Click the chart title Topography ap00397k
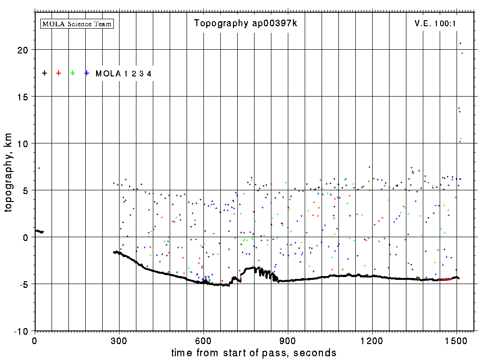245,23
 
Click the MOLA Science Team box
77,23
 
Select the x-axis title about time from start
254,352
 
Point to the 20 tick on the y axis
24,50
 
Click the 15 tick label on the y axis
24,97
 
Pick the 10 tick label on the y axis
24,143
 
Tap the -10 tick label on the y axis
22,331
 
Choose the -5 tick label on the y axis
24,284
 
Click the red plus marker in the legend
59,73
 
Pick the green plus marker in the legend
73,73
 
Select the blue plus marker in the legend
87,73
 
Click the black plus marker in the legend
45,73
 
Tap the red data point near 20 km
462,53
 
